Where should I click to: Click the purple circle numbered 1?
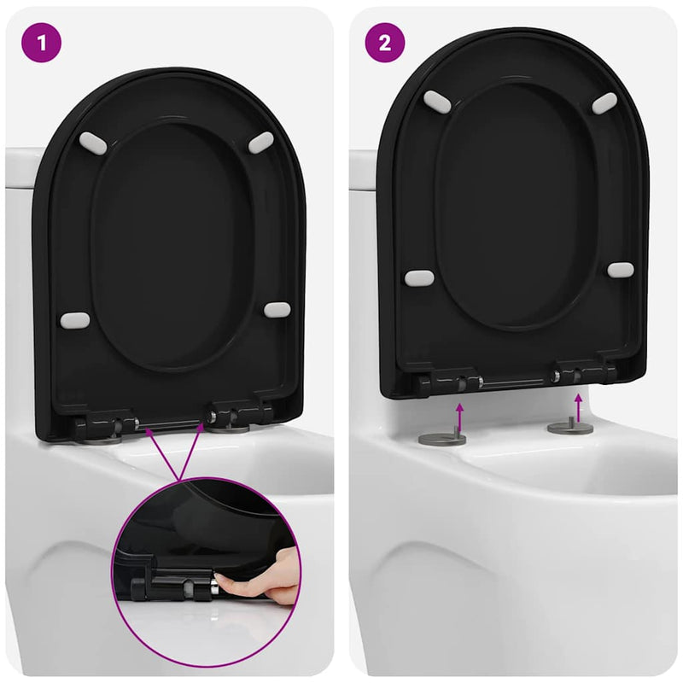(43, 43)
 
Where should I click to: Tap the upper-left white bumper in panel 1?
(93, 143)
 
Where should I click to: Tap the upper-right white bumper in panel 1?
(260, 143)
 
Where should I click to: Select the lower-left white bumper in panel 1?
(75, 321)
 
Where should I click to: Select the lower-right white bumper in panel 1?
(277, 309)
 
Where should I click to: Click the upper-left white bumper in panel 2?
(437, 101)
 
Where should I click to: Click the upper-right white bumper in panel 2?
(604, 103)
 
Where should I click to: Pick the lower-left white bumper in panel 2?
(419, 278)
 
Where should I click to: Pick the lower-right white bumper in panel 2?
(621, 270)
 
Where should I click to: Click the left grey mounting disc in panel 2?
(442, 439)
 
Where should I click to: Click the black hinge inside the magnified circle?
(171, 586)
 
